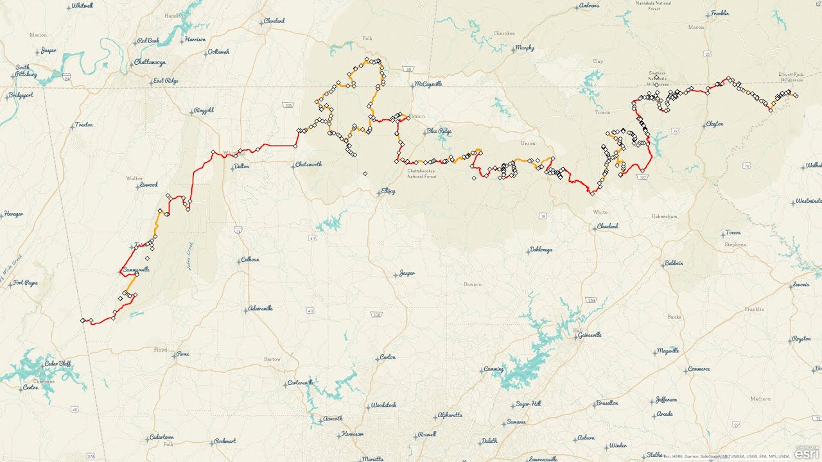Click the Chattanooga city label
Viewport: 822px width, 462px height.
pos(150,62)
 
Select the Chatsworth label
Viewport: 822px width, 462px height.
pos(308,164)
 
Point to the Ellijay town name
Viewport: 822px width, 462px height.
pos(387,191)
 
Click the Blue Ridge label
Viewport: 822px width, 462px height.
pos(439,132)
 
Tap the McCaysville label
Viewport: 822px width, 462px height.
pos(428,84)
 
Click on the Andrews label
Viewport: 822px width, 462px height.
pos(589,6)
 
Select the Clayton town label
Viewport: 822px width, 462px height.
pos(714,124)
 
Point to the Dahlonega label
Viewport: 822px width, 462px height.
pos(541,250)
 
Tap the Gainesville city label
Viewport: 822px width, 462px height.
pos(589,335)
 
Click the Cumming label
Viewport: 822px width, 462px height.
pos(493,370)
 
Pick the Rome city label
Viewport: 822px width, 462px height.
pos(182,354)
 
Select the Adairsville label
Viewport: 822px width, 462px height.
pos(260,309)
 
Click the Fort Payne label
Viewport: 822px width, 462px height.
pos(26,282)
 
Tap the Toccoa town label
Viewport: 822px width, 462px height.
pos(733,232)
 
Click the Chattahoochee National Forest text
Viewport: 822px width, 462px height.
pos(422,173)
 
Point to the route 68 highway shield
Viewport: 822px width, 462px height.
pos(409,69)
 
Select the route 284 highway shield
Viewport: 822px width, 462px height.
pos(591,300)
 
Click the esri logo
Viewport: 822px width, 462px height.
pos(806,454)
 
